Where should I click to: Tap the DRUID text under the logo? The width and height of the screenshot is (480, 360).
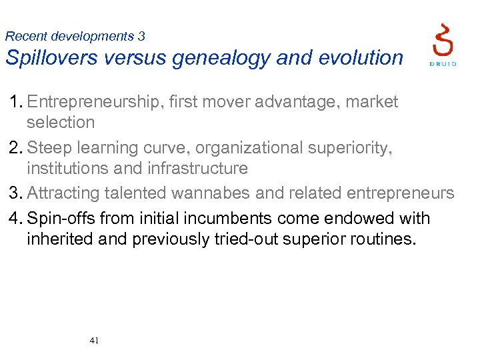pos(443,64)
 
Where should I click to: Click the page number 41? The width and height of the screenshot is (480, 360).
pos(94,341)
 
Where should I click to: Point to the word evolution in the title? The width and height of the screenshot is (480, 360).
pos(360,58)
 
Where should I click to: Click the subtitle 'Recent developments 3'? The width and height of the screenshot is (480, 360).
pos(75,36)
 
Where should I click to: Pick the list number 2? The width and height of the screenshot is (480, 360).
pos(15,147)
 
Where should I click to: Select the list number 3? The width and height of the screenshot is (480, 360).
pos(15,193)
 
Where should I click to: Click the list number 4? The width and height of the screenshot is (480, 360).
pos(15,218)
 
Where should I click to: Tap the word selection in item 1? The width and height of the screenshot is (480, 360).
pos(61,122)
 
